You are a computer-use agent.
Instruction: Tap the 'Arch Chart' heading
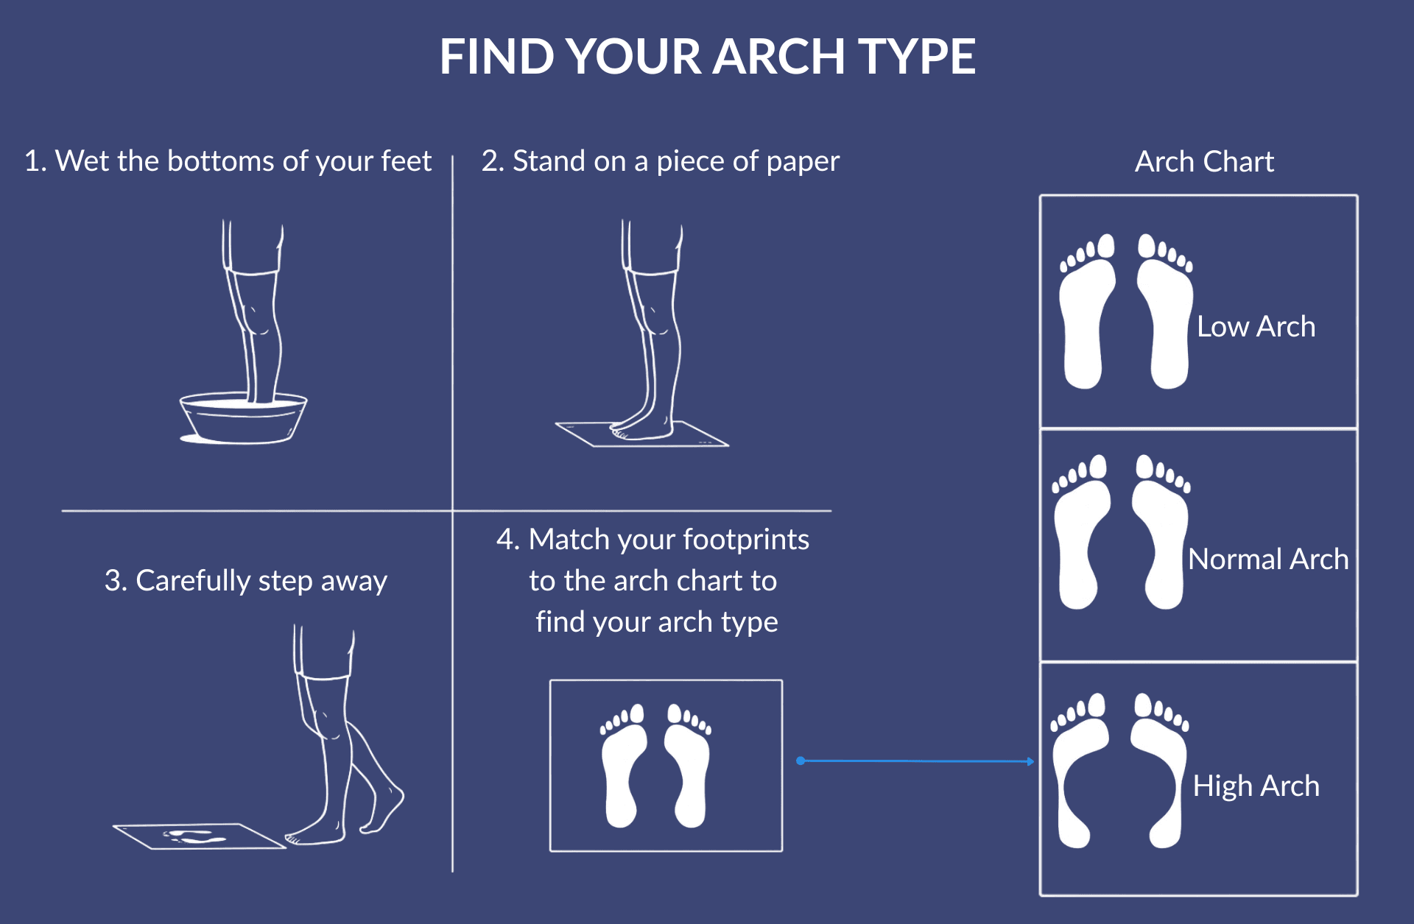click(x=1204, y=161)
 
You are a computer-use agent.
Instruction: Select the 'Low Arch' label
click(x=1256, y=326)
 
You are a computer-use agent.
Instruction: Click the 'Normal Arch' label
click(x=1267, y=559)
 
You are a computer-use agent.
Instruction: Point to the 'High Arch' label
click(x=1256, y=786)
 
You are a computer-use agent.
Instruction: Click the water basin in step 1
click(x=243, y=420)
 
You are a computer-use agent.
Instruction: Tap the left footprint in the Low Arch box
click(x=1086, y=324)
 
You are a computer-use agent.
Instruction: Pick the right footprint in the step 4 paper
click(x=689, y=773)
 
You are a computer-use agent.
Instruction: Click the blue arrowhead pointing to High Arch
click(x=1030, y=761)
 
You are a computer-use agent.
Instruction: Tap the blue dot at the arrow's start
click(x=801, y=761)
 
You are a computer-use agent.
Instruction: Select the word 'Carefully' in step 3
click(x=193, y=581)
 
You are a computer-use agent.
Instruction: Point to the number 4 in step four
click(x=504, y=540)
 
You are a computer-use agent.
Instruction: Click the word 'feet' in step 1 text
click(x=405, y=161)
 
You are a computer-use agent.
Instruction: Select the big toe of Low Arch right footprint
click(x=1147, y=246)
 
